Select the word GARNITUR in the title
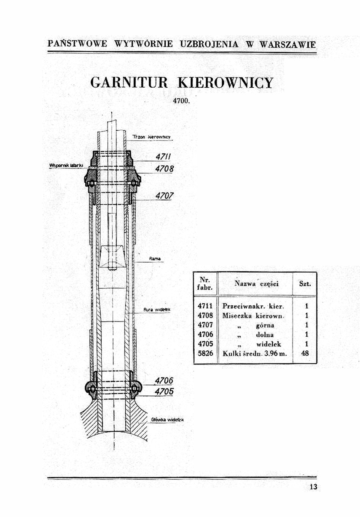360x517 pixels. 129,82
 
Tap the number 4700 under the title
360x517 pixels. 181,101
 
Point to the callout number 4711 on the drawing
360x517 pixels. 163,157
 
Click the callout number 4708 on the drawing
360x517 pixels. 164,168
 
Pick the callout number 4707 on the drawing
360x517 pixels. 164,196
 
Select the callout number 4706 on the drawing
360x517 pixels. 164,381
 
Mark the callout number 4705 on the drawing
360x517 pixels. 164,392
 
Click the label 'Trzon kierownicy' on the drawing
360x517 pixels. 151,137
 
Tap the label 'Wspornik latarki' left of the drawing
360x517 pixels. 64,165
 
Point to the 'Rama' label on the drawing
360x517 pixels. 155,259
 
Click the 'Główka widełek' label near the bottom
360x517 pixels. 167,419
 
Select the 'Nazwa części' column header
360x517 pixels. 256,284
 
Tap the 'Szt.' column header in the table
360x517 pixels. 305,284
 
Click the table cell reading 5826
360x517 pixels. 205,353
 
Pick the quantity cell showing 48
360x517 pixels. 305,353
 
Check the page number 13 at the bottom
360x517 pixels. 314,487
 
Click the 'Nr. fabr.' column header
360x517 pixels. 205,284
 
